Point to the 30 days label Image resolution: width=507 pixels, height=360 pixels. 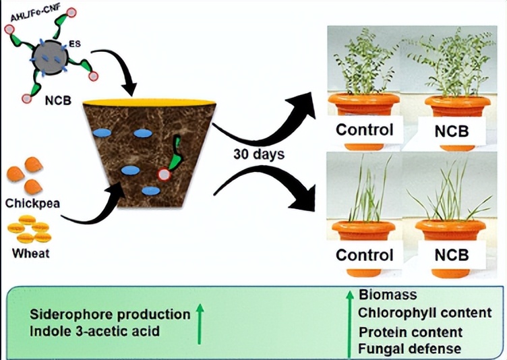pos(258,154)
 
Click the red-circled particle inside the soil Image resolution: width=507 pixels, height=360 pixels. pos(164,175)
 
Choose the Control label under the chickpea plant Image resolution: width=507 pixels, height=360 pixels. pos(364,129)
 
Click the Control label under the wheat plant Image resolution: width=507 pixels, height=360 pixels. pos(364,256)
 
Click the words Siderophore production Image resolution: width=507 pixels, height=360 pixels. pos(110,314)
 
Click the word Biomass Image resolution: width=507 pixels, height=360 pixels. pos(388,295)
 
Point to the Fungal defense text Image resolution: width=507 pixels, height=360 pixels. pos(410,349)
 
